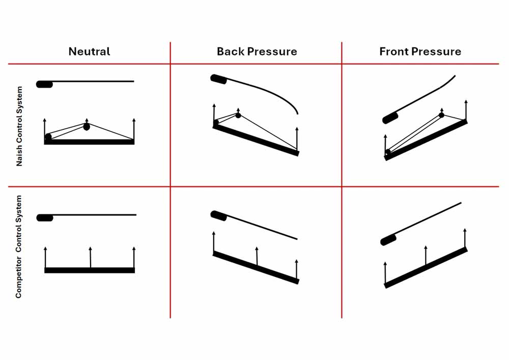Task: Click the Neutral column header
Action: coord(90,51)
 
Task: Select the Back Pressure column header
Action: coord(257,51)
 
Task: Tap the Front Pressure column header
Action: coord(420,51)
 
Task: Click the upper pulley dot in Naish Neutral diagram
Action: coord(87,126)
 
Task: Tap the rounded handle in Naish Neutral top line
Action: coord(44,84)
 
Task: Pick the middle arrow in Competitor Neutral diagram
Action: coord(90,257)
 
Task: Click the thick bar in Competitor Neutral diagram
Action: coord(90,270)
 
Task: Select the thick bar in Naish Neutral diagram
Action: coord(90,142)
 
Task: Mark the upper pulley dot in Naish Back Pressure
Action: coord(238,116)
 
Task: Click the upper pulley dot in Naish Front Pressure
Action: coord(441,115)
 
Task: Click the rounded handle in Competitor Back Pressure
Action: coord(219,215)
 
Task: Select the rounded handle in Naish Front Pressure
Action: coord(390,118)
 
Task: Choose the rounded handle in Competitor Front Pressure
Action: coord(388,240)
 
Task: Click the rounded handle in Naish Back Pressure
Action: coord(219,79)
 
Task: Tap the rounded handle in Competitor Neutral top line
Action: coord(45,218)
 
